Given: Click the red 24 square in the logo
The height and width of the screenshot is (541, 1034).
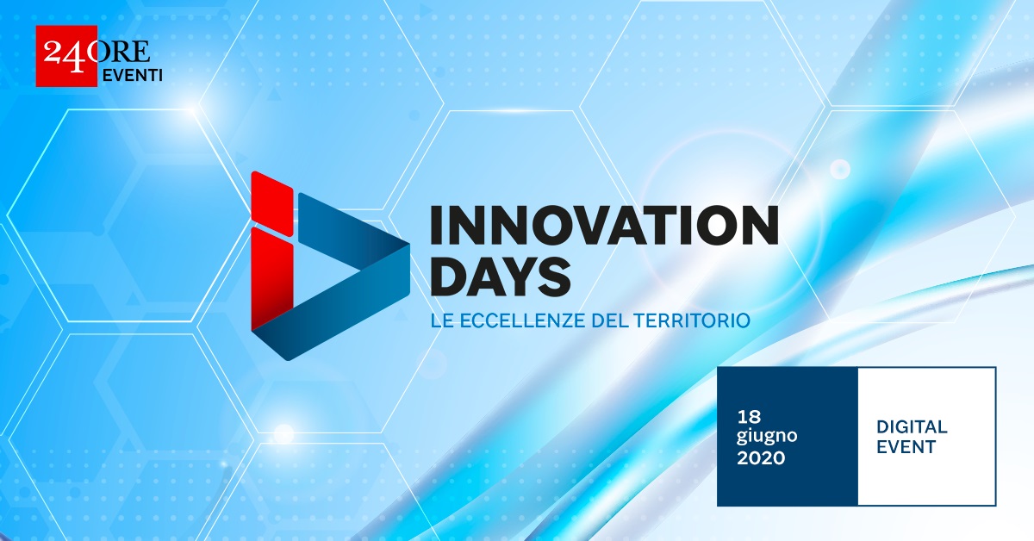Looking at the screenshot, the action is [x=66, y=56].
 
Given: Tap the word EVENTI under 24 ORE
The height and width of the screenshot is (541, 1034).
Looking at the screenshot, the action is [x=132, y=75].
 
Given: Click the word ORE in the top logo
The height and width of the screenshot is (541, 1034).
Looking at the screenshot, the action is [x=121, y=51].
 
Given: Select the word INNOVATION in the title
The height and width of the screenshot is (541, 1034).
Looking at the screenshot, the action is [x=604, y=226].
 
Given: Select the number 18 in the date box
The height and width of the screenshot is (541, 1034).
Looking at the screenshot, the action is [x=749, y=417].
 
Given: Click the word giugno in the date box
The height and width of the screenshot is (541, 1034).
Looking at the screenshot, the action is [x=767, y=437].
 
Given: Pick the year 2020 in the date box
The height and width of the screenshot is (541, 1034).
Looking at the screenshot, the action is [x=761, y=458].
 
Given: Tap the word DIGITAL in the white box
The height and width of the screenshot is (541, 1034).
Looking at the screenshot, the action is [x=912, y=427].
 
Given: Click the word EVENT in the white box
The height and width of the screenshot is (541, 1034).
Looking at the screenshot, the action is [x=906, y=447].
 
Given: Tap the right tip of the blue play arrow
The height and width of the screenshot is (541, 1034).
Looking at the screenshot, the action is [x=409, y=245].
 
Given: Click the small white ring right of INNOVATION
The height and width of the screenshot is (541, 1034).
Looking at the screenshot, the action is [x=840, y=170].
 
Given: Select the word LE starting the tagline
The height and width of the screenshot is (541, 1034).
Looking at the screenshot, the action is [x=442, y=320].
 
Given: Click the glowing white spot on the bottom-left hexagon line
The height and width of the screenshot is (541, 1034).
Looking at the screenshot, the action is [x=283, y=434].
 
